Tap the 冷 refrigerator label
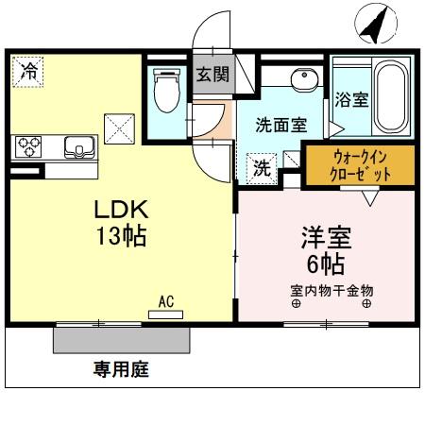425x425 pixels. tap(29, 70)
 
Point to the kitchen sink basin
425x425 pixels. tap(76, 146)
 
